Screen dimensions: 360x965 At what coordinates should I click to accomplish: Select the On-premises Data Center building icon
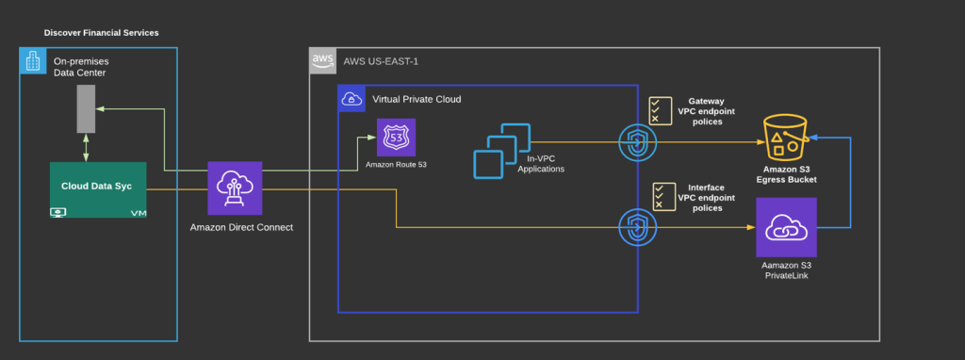31,62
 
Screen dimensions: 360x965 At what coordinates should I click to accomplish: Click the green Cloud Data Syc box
99,188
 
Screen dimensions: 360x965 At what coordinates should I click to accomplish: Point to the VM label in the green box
139,212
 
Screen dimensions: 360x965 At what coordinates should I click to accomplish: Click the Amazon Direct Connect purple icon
235,188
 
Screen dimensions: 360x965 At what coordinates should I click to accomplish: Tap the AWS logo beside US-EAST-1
322,61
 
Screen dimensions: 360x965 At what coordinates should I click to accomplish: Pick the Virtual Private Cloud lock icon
351,98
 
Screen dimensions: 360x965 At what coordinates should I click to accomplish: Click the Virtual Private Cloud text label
417,98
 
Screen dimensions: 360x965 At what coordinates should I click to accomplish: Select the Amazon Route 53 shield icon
396,138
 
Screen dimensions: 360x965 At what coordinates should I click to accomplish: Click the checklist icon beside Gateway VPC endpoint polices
661,110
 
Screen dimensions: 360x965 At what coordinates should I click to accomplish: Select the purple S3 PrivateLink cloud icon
786,227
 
